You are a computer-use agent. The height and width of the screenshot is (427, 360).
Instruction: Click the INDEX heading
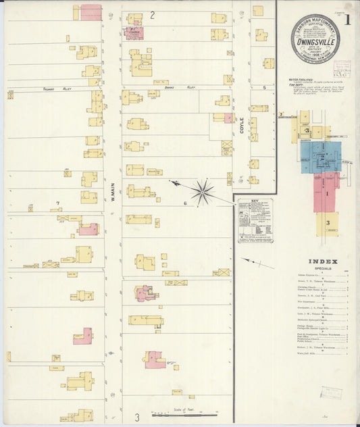click(323, 261)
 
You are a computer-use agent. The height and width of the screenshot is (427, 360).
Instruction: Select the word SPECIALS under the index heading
click(323, 268)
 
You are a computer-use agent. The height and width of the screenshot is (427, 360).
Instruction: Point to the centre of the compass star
click(202, 191)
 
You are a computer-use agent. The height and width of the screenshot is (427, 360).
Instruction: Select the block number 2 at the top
click(153, 15)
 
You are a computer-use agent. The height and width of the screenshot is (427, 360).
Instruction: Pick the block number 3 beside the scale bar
click(136, 418)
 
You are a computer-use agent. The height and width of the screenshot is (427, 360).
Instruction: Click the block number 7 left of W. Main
click(58, 203)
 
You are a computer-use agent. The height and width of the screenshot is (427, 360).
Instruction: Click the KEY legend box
click(255, 220)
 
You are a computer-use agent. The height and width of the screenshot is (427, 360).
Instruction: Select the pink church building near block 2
click(134, 32)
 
